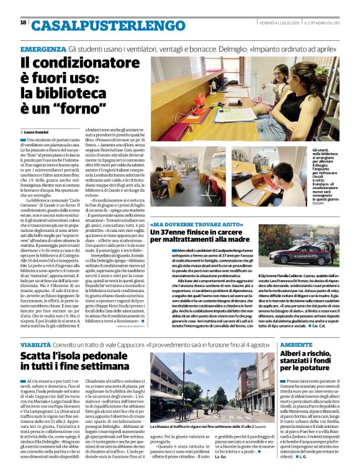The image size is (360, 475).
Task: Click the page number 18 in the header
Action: tap(24, 23)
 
